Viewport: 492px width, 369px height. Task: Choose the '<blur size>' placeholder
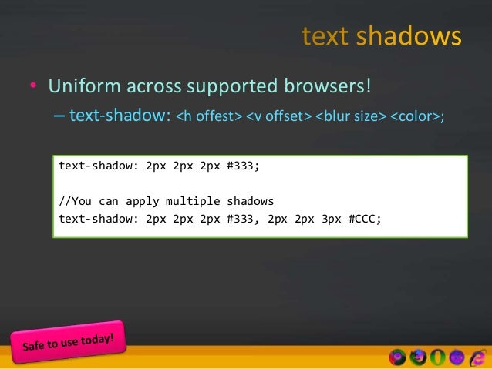click(x=349, y=117)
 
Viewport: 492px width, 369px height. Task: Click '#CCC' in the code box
click(x=363, y=218)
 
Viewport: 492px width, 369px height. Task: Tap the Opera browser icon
click(x=437, y=357)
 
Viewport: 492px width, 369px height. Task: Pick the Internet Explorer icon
click(x=477, y=357)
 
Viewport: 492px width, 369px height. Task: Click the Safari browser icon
click(x=457, y=357)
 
